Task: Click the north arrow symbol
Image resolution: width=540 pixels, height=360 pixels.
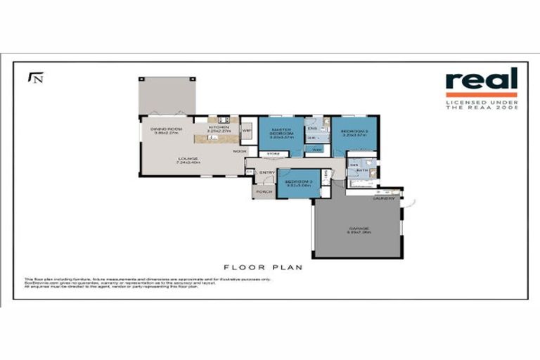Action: click(x=34, y=77)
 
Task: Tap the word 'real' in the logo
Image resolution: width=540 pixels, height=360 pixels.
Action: click(x=481, y=79)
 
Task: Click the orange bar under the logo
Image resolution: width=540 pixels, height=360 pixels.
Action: click(x=481, y=94)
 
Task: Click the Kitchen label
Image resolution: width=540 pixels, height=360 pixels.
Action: click(x=218, y=127)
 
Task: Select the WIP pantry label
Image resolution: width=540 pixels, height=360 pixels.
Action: click(x=247, y=130)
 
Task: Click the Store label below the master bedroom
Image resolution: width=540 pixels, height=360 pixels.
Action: click(x=274, y=153)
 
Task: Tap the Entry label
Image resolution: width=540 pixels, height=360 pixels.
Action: click(x=267, y=172)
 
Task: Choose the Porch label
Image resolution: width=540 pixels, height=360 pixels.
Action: click(x=264, y=191)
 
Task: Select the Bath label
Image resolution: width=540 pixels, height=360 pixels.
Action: click(x=361, y=171)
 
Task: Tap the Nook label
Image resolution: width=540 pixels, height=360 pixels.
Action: click(x=239, y=151)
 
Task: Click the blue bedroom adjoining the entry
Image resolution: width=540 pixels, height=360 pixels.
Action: click(x=298, y=184)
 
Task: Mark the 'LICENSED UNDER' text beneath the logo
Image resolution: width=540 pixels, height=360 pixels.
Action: click(x=481, y=103)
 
